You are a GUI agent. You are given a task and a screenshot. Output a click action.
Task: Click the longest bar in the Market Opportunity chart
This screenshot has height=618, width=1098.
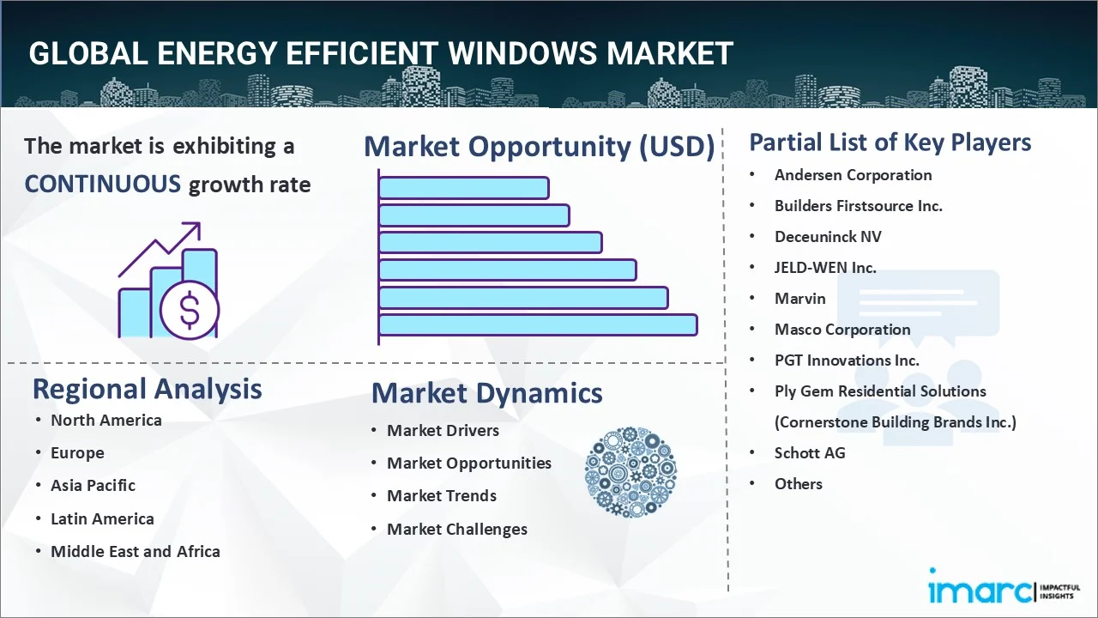538,325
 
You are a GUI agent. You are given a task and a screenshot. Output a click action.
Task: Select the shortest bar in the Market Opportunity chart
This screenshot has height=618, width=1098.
464,188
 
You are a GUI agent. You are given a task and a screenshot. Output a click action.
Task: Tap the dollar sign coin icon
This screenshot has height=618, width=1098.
190,311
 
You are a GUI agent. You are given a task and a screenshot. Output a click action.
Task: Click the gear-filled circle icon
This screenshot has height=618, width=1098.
630,472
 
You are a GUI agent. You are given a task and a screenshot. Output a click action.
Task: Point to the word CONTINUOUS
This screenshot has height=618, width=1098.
103,185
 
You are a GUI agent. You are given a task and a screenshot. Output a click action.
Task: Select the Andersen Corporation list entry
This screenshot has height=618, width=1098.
853,175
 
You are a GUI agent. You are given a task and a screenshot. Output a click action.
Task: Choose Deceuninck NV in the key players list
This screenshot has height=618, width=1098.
828,237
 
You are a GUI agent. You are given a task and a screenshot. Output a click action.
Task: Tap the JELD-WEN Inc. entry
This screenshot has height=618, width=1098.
825,268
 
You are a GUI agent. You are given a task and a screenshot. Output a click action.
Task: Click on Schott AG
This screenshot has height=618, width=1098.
810,452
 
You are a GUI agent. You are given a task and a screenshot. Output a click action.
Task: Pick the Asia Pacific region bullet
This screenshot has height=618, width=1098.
94,486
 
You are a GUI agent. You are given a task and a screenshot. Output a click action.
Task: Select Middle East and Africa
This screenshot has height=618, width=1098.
136,552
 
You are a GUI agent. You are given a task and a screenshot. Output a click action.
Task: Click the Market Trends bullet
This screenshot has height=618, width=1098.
442,496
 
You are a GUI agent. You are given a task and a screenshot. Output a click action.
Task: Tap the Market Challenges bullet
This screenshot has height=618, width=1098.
457,530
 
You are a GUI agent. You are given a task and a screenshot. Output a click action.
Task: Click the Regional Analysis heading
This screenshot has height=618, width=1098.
147,390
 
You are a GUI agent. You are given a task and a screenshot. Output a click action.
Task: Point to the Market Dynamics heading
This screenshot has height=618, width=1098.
486,393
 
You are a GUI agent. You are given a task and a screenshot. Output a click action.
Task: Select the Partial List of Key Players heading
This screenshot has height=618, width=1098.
890,142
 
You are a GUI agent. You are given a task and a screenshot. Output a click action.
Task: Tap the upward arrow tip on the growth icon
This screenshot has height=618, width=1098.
199,224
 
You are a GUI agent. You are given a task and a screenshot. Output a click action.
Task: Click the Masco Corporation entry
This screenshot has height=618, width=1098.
842,330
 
